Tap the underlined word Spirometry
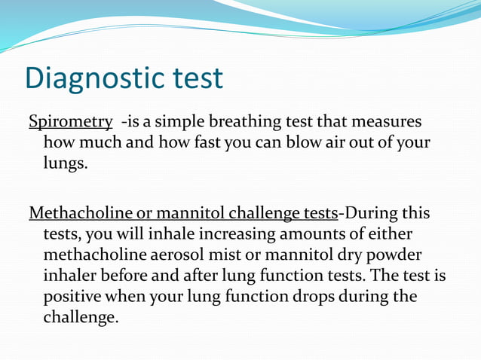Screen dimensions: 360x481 [x=71, y=121]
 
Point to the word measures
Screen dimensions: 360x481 [x=389, y=121]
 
